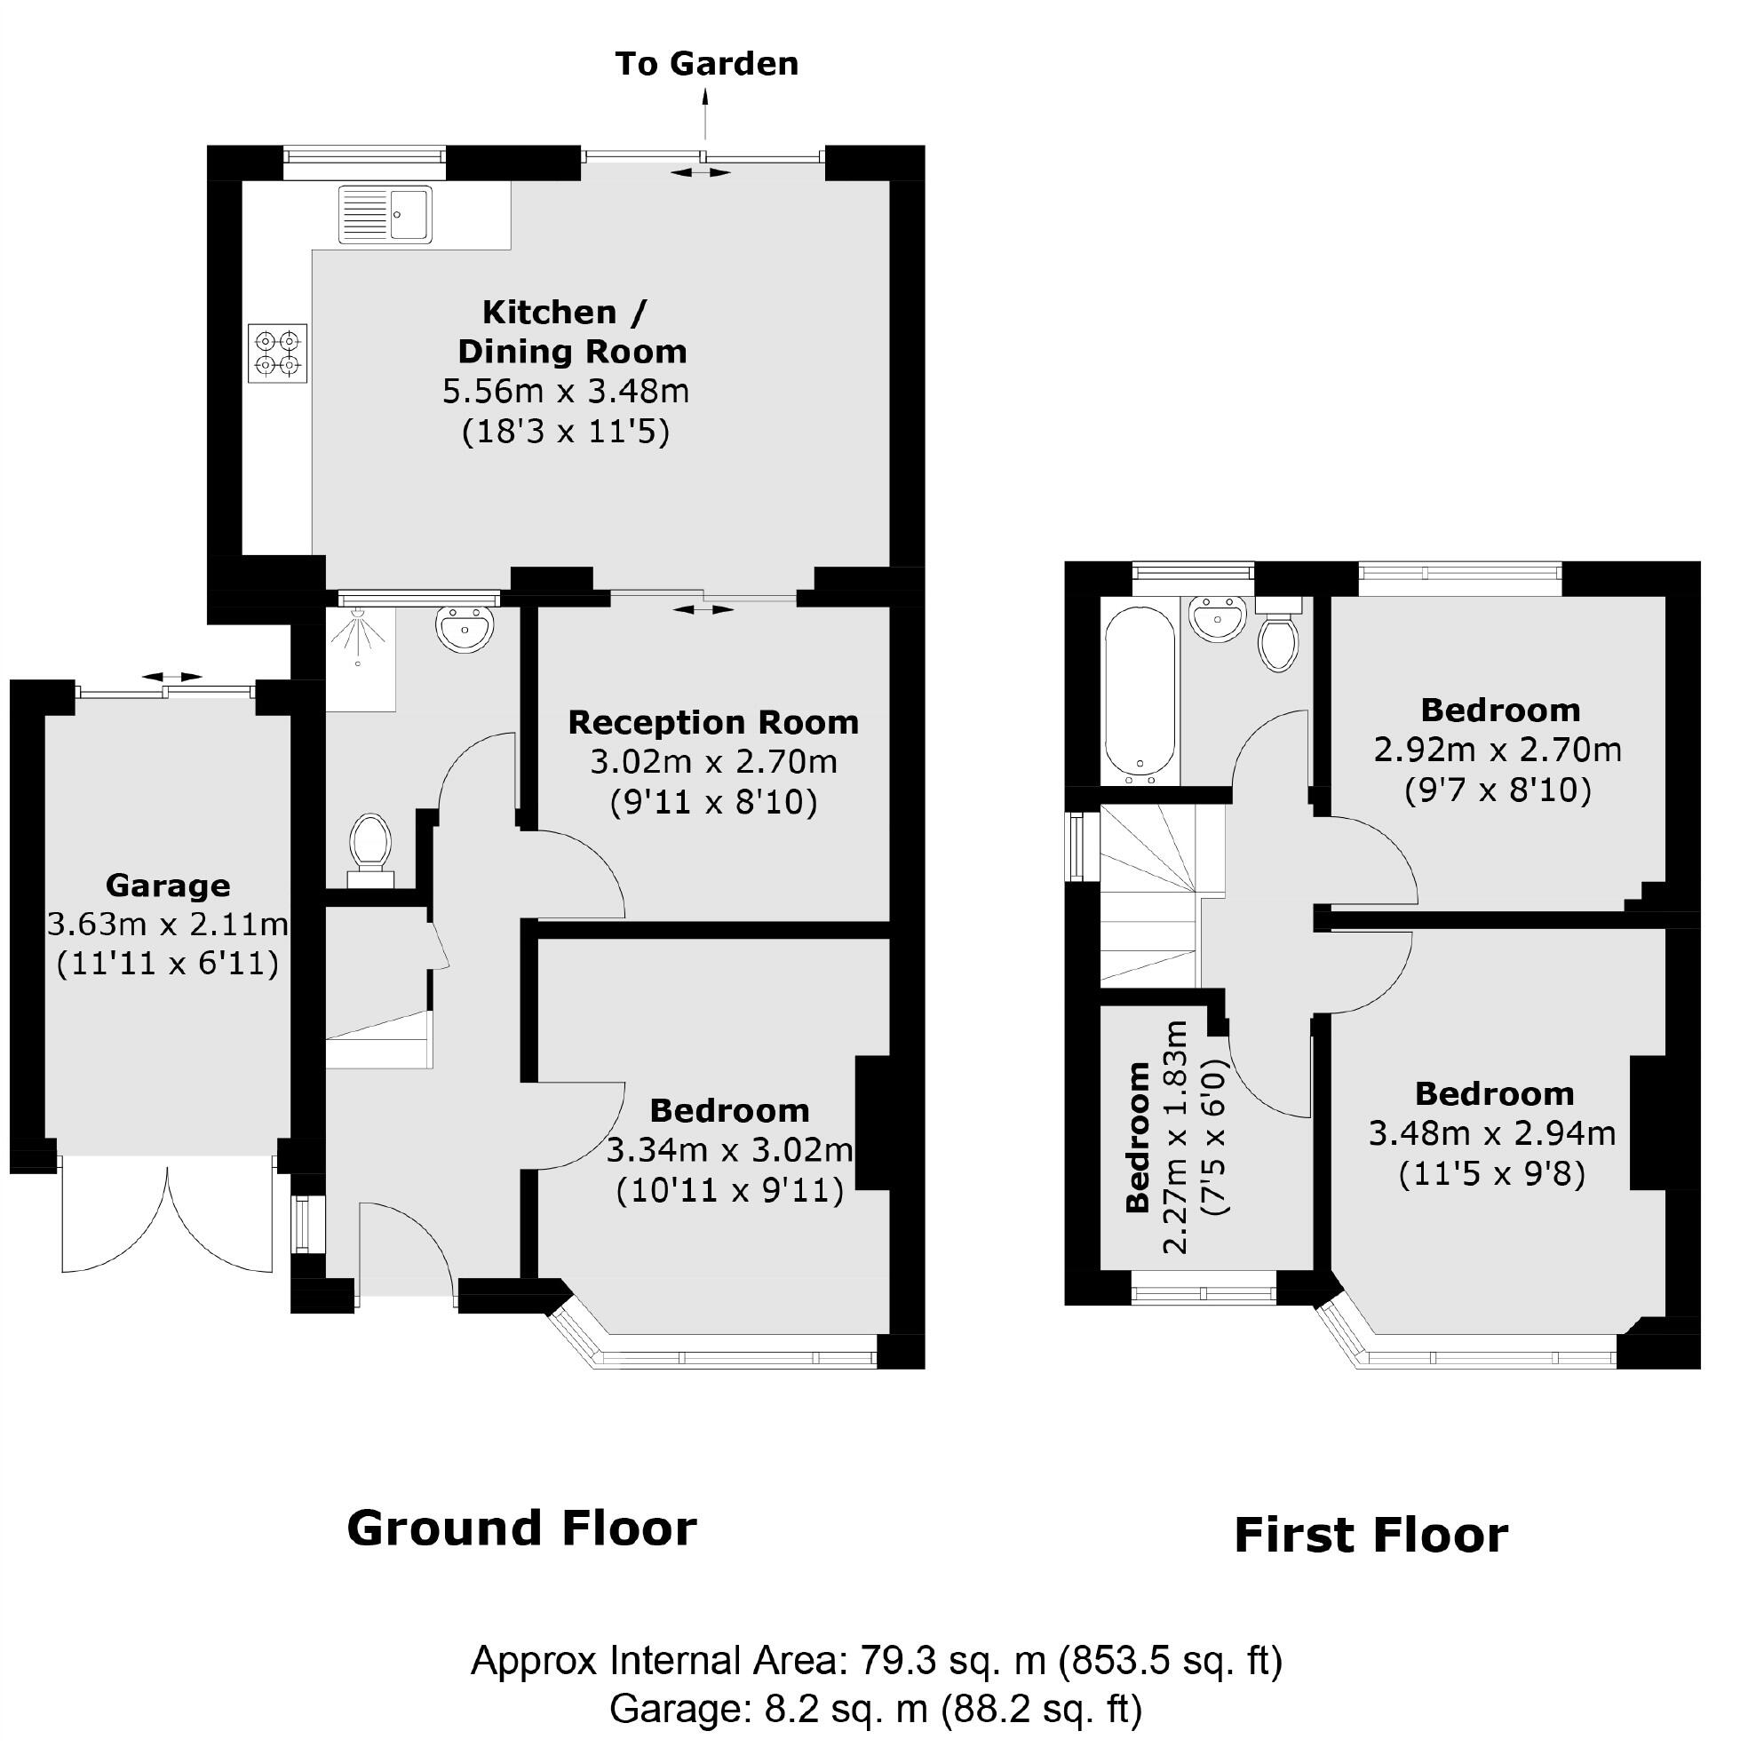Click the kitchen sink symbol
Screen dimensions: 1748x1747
pyautogui.click(x=385, y=214)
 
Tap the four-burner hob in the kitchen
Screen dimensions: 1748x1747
pyautogui.click(x=278, y=353)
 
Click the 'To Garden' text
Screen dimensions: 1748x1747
pyautogui.click(x=707, y=64)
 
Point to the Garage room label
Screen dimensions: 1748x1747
pyautogui.click(x=167, y=885)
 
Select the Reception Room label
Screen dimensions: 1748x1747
pyautogui.click(x=713, y=723)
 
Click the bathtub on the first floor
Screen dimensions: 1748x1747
pyautogui.click(x=1139, y=694)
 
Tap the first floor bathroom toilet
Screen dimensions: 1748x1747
pyautogui.click(x=1277, y=632)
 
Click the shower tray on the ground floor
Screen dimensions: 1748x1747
pyautogui.click(x=360, y=658)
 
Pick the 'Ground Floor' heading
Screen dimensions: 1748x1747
pyautogui.click(x=522, y=1528)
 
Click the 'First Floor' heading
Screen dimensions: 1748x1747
pyautogui.click(x=1371, y=1536)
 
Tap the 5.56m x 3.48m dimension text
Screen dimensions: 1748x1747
pyautogui.click(x=566, y=392)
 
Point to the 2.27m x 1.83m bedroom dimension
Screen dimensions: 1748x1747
pyautogui.click(x=1174, y=1137)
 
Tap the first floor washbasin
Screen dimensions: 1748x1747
pyautogui.click(x=1217, y=620)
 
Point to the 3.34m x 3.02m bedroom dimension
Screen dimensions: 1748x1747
pyautogui.click(x=729, y=1150)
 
